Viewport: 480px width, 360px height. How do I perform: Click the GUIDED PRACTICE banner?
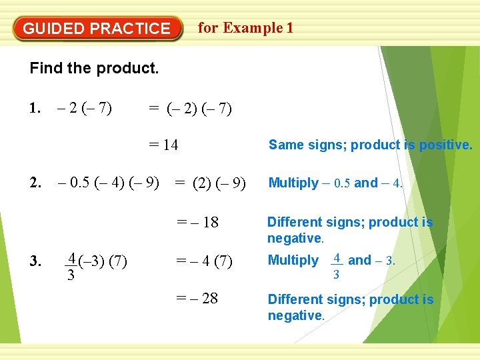(97, 29)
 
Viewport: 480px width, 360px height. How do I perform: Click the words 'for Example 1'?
(245, 28)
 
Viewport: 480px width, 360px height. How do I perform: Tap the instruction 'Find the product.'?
(94, 68)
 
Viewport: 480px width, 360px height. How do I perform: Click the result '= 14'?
(163, 145)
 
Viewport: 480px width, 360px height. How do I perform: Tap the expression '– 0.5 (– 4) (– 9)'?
(109, 183)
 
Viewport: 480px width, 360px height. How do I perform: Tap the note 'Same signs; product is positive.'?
(370, 145)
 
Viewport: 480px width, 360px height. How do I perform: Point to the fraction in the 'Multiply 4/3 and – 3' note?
(337, 265)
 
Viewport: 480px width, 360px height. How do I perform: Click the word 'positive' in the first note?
(445, 145)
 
